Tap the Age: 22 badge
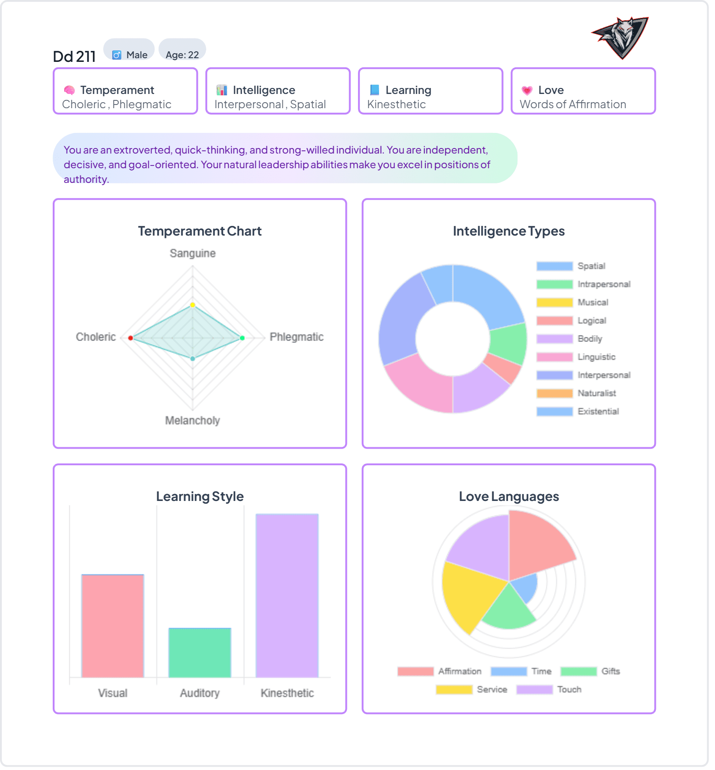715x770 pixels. click(x=182, y=55)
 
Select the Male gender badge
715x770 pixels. click(x=130, y=55)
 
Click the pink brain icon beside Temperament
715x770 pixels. click(x=69, y=90)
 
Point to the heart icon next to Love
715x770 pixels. click(x=527, y=90)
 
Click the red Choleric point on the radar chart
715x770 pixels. click(x=131, y=338)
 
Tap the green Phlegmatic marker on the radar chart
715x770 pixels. click(x=242, y=338)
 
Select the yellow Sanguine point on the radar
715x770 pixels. click(x=192, y=305)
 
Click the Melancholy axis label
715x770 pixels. click(x=192, y=421)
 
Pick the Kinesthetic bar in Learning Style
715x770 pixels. click(x=287, y=596)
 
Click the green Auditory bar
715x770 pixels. click(x=199, y=653)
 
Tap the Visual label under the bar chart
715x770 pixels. click(x=112, y=693)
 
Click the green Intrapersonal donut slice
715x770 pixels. click(x=509, y=344)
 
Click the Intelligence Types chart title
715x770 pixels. click(x=509, y=231)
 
